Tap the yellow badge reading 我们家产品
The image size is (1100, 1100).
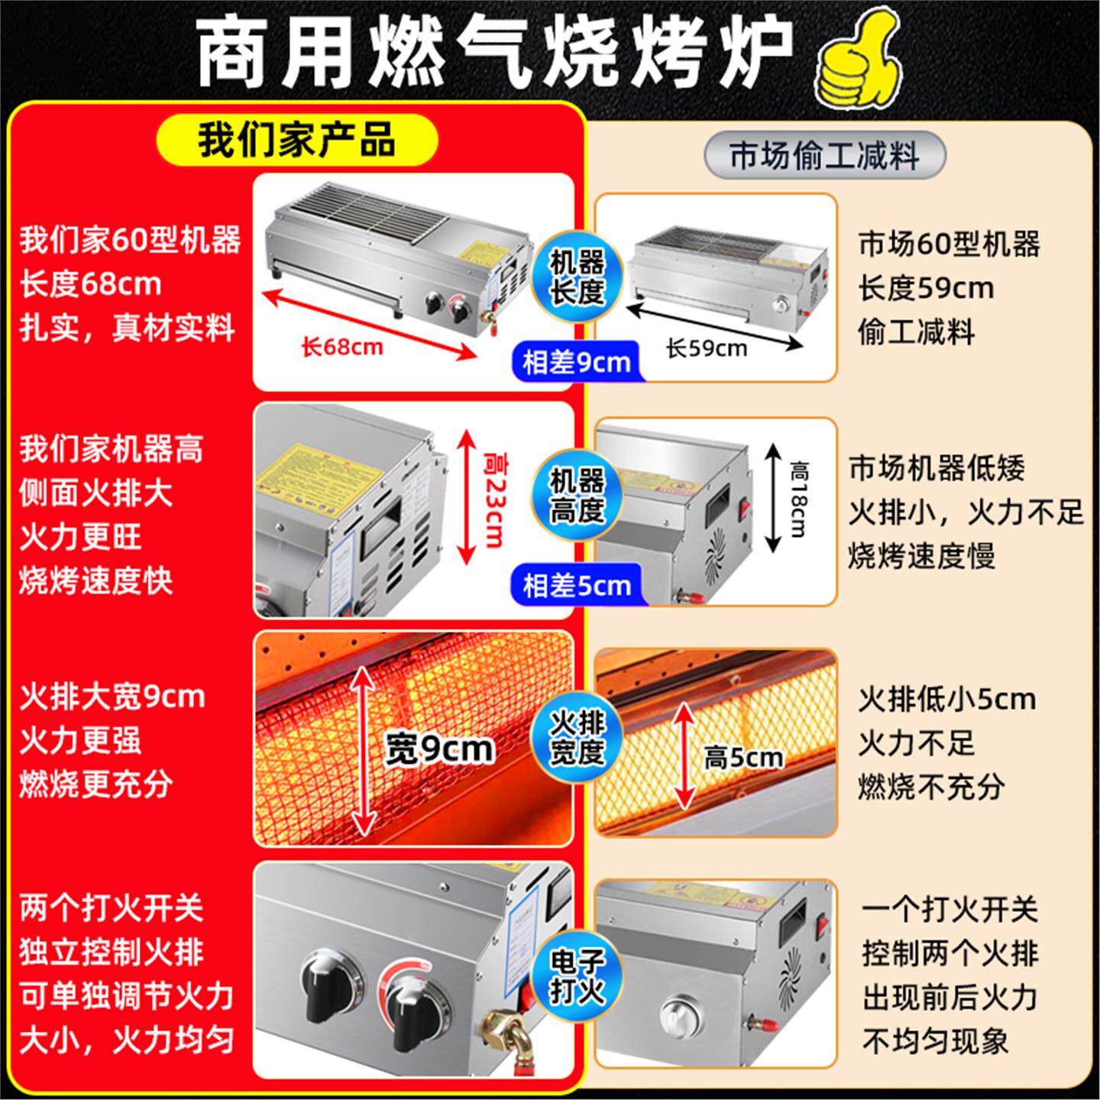click(x=296, y=141)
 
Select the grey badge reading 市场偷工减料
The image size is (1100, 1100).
click(x=823, y=156)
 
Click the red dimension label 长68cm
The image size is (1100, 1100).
click(x=341, y=348)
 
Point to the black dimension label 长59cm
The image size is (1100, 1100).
click(x=706, y=348)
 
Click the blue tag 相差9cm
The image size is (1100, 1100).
click(x=576, y=361)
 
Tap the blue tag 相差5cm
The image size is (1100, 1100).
click(x=576, y=586)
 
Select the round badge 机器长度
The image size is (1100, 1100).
click(x=577, y=276)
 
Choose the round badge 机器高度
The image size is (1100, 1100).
click(x=577, y=496)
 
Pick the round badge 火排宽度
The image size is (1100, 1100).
click(x=577, y=736)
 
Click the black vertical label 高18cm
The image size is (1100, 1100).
click(x=798, y=497)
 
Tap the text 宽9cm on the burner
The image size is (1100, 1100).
click(x=438, y=749)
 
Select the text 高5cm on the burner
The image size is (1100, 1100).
click(x=743, y=758)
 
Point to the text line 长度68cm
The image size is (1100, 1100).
click(x=90, y=284)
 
